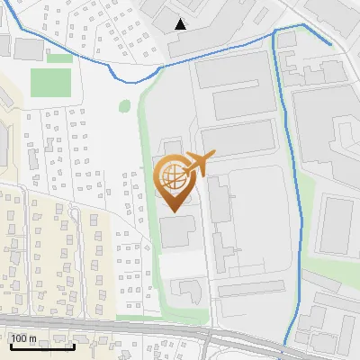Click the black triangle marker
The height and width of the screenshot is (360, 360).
pyautogui.click(x=181, y=24)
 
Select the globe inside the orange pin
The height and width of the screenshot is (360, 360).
pyautogui.click(x=171, y=176)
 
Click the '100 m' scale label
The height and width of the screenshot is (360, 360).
pyautogui.click(x=23, y=338)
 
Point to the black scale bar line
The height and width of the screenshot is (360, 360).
pyautogui.click(x=40, y=346)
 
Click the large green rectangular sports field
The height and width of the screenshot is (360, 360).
pyautogui.click(x=50, y=83)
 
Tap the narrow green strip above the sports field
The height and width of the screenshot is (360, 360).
pyautogui.click(x=59, y=58)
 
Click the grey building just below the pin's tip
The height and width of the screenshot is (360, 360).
pyautogui.click(x=175, y=231)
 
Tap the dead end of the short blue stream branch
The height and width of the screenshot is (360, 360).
pyautogui.click(x=330, y=43)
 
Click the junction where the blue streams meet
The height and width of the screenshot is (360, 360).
pyautogui.click(x=274, y=32)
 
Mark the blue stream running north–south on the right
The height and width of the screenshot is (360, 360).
pyautogui.click(x=286, y=180)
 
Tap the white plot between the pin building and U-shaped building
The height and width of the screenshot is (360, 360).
pyautogui.click(x=180, y=265)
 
